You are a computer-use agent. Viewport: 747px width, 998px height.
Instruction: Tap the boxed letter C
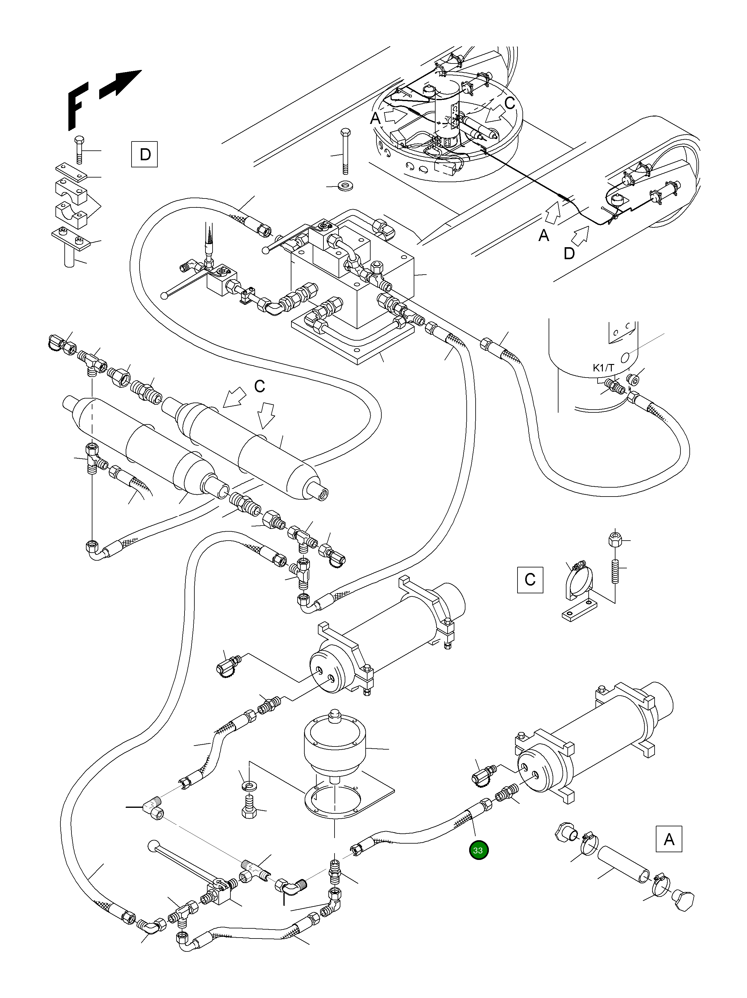(530, 579)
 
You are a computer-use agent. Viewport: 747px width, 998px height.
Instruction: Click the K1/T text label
(603, 368)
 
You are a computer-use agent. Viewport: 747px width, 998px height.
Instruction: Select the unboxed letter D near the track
(569, 254)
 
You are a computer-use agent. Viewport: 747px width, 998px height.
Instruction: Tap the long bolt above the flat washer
(345, 151)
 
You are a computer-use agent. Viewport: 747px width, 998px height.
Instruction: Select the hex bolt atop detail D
(79, 149)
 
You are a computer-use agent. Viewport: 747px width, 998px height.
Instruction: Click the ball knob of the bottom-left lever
(154, 846)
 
